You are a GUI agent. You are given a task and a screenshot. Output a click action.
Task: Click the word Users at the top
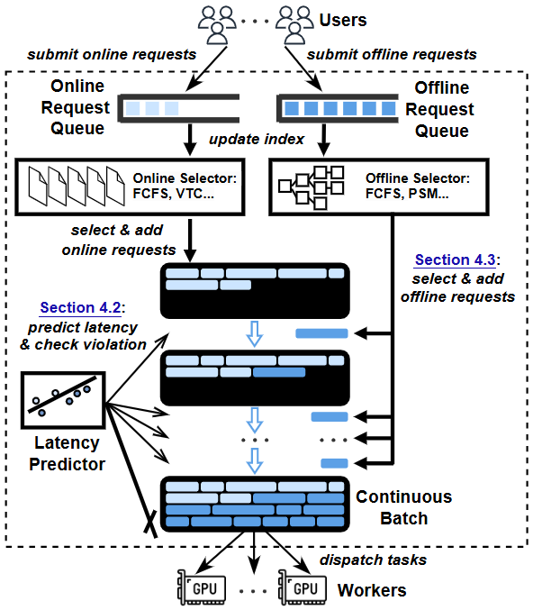342,20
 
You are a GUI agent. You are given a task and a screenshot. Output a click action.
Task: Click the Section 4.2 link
80,308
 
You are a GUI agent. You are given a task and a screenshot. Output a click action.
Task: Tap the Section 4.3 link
456,259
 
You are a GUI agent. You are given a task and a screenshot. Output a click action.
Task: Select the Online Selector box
130,187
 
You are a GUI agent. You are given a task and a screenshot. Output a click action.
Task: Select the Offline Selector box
379,187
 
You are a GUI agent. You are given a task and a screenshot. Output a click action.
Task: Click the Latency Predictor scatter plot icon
63,400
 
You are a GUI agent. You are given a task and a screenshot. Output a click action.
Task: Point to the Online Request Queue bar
178,108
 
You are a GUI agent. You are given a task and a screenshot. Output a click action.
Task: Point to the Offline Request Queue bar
338,108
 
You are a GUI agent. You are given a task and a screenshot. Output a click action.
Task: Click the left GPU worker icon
202,587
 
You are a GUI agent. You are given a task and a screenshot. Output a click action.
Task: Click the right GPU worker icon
303,587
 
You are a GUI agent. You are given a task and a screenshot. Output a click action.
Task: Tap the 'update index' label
257,140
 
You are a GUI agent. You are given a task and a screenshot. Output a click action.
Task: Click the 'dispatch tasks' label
374,560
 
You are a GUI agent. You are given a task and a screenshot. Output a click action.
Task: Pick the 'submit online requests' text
112,54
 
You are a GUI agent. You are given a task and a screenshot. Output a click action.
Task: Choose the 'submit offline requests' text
392,54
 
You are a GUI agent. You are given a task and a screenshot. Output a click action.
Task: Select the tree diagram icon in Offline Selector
311,188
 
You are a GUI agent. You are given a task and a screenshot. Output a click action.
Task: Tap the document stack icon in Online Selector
77,186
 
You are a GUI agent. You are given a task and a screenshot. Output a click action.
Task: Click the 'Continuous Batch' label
404,507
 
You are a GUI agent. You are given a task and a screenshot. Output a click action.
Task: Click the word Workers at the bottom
372,590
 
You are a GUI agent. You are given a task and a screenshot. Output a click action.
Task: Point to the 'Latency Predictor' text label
67,453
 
